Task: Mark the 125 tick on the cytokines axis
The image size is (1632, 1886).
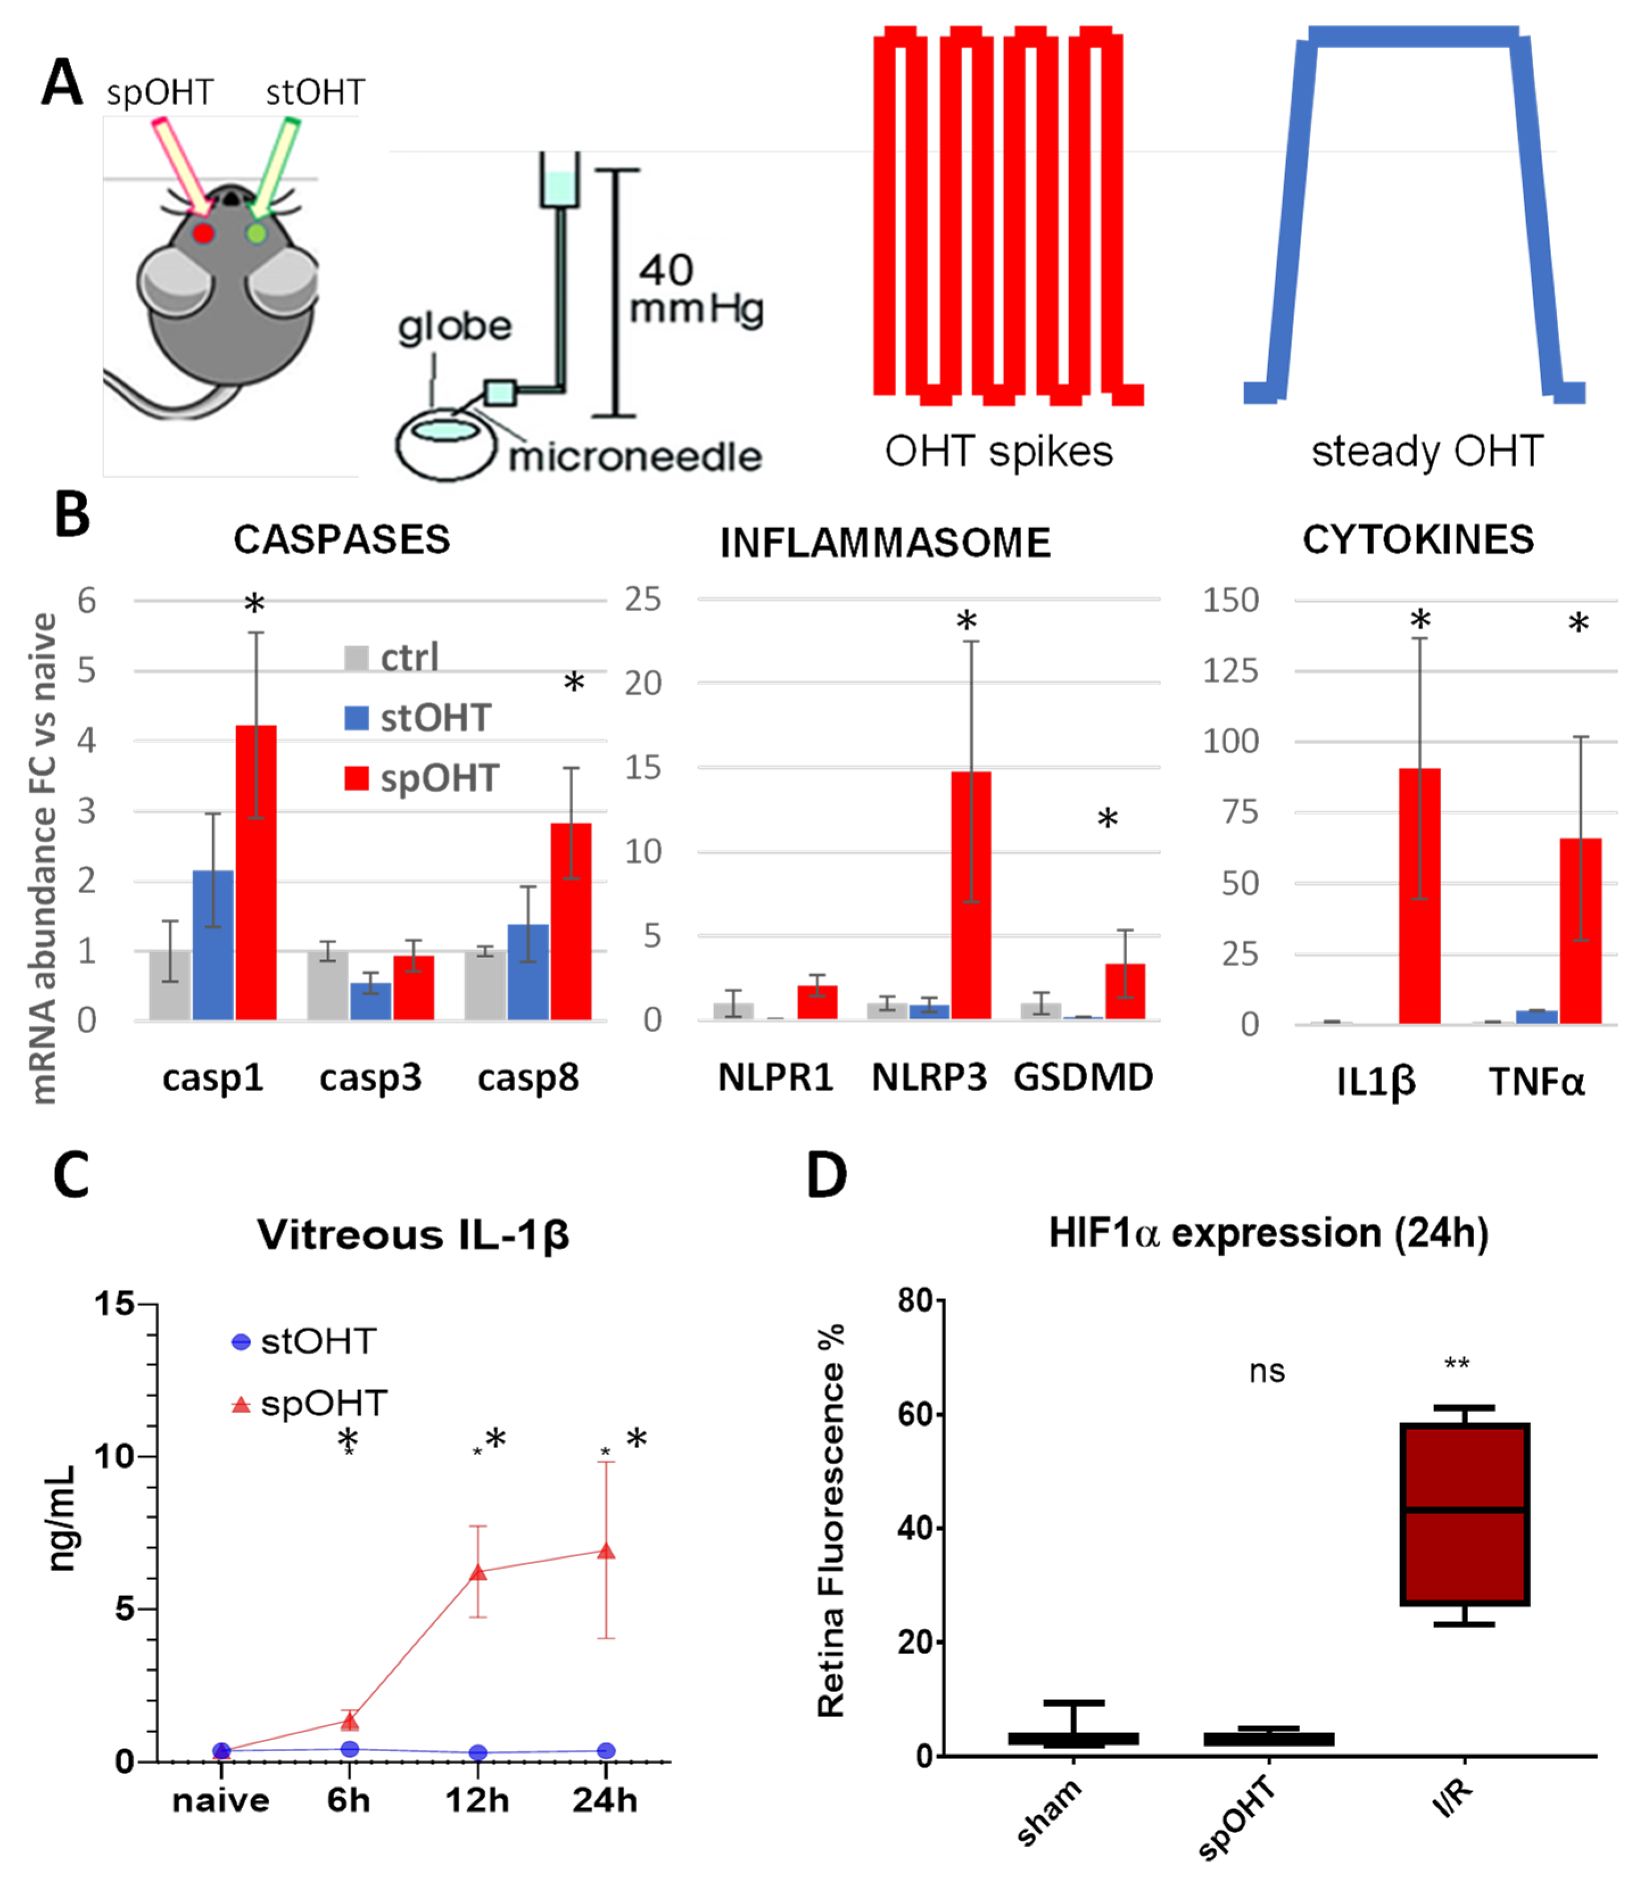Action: pyautogui.click(x=1231, y=671)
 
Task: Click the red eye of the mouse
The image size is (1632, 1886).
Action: pyautogui.click(x=203, y=233)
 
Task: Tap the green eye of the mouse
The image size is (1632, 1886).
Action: pyautogui.click(x=257, y=233)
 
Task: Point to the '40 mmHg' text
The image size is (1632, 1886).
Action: pyautogui.click(x=697, y=289)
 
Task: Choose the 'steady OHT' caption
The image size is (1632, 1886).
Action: pyautogui.click(x=1427, y=451)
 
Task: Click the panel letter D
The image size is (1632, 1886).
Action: pyautogui.click(x=826, y=1176)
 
